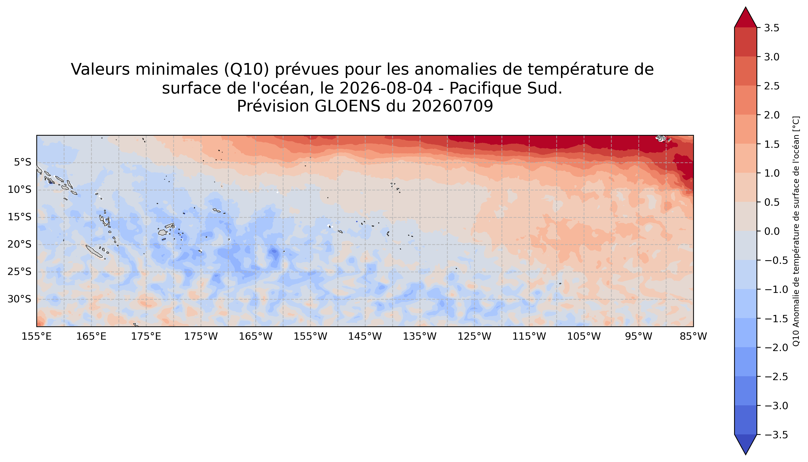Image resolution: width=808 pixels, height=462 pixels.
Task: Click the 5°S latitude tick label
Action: pyautogui.click(x=23, y=163)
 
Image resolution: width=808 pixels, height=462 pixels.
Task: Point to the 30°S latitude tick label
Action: pyautogui.click(x=19, y=299)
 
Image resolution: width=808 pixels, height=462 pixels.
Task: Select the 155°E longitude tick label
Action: pyautogui.click(x=37, y=336)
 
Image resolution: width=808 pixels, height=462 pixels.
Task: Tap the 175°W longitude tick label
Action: pyautogui.click(x=201, y=336)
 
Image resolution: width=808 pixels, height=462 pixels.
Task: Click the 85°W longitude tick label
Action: pyautogui.click(x=693, y=336)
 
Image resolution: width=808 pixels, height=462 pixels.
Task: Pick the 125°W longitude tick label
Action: pyautogui.click(x=475, y=336)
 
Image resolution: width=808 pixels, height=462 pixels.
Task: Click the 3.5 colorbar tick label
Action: pyautogui.click(x=771, y=28)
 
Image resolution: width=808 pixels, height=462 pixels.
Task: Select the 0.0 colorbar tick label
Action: pyautogui.click(x=771, y=231)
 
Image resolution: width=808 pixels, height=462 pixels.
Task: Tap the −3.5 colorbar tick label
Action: pyautogui.click(x=776, y=435)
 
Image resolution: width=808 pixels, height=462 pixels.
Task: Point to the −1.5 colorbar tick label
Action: pyautogui.click(x=776, y=319)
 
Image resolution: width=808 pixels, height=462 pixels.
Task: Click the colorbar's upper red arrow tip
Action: pyautogui.click(x=745, y=7)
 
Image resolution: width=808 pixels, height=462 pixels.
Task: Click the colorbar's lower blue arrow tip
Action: pyautogui.click(x=745, y=454)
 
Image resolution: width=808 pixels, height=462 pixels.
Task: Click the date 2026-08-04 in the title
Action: pyautogui.click(x=386, y=88)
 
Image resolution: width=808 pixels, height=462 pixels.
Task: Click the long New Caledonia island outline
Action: pyautogui.click(x=94, y=251)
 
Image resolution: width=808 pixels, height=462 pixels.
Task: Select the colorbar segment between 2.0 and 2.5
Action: pyautogui.click(x=745, y=100)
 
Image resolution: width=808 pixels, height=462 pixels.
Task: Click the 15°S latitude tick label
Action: pyautogui.click(x=19, y=217)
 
